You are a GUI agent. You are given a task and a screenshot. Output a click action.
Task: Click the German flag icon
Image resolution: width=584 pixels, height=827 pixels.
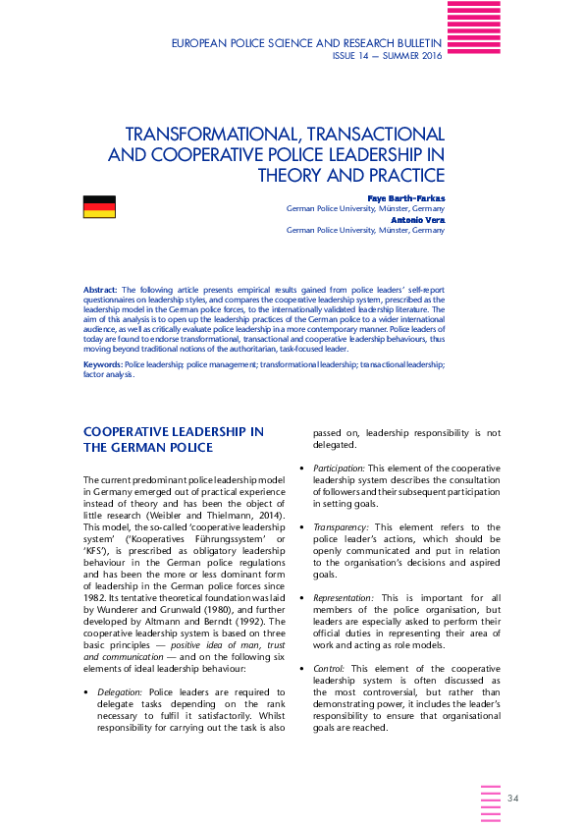pos(99,206)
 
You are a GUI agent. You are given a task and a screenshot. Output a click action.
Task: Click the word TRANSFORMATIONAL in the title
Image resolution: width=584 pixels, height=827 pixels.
pos(201,134)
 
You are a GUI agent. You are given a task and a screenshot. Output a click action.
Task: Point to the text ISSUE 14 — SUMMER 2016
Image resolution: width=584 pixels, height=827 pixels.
pos(387,56)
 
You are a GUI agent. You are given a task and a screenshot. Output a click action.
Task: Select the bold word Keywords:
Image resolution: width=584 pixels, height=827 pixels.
pos(103,364)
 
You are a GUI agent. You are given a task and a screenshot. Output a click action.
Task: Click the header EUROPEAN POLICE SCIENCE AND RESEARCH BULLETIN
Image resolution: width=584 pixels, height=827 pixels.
pos(306,44)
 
